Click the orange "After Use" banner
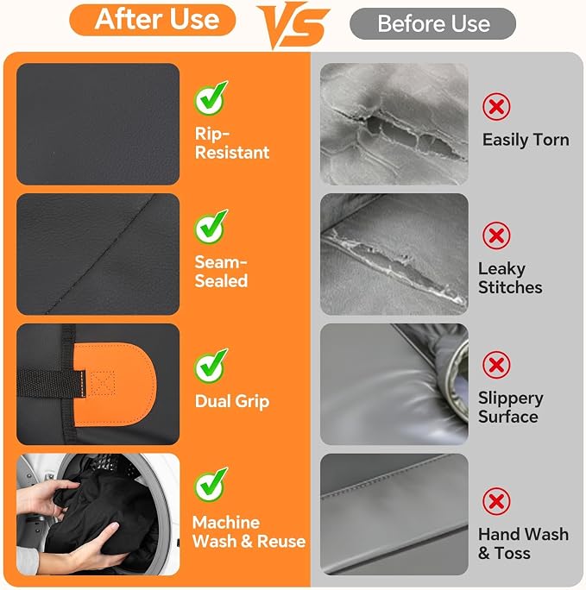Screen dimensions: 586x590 (x=153, y=20)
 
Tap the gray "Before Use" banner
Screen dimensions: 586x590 (x=433, y=23)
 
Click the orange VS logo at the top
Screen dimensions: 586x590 (x=293, y=24)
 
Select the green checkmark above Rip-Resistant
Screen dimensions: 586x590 (x=211, y=98)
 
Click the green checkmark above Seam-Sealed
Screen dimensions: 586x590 (x=211, y=227)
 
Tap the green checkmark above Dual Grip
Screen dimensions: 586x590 (x=211, y=366)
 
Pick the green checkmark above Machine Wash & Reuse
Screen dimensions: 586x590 (x=211, y=484)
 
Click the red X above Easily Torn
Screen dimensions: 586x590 (x=496, y=107)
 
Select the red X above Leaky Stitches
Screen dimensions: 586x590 (x=496, y=235)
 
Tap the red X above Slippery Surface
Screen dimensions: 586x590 (x=496, y=365)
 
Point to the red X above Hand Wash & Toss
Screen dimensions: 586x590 (x=496, y=501)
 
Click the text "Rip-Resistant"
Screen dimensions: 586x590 (x=232, y=143)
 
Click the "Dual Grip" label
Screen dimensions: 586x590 (x=232, y=401)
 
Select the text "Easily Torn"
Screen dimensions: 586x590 (x=526, y=140)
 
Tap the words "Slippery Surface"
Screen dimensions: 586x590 (x=510, y=407)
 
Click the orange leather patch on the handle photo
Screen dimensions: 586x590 (x=121, y=385)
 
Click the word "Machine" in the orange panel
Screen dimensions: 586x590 (x=226, y=523)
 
